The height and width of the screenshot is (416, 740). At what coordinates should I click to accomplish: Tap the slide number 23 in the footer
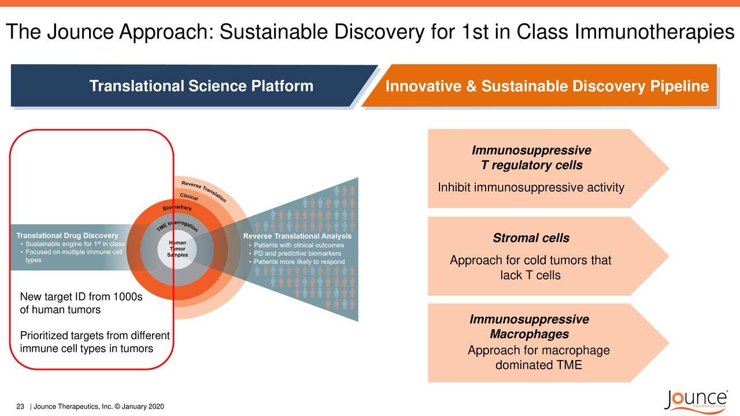click(20, 407)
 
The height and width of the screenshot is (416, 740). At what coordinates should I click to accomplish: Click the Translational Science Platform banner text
click(201, 87)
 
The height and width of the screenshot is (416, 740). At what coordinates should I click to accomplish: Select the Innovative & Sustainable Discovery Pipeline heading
click(546, 87)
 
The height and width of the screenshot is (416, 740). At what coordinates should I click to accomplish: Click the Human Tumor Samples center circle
click(177, 249)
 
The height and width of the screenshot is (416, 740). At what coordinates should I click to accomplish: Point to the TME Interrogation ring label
click(177, 225)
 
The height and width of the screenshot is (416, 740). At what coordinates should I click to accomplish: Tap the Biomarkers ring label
click(177, 207)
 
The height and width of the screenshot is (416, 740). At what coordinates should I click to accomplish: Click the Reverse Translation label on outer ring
click(203, 191)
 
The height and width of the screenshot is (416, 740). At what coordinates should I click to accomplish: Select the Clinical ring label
click(189, 196)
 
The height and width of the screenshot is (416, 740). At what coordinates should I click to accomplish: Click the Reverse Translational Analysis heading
click(297, 236)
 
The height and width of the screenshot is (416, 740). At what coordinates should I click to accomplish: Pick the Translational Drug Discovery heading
click(67, 236)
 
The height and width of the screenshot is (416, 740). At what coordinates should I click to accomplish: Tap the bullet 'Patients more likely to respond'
click(299, 262)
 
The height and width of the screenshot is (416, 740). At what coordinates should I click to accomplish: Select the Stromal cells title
click(531, 238)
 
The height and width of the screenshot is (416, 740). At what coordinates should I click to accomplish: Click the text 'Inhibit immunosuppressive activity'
click(531, 188)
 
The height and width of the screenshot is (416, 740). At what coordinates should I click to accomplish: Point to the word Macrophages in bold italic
click(529, 335)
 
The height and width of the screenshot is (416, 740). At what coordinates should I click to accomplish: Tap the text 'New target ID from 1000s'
click(80, 297)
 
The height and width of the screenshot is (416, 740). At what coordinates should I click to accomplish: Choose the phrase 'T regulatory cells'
click(531, 166)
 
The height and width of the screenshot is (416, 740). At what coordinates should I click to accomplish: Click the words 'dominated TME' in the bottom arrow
click(538, 365)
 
